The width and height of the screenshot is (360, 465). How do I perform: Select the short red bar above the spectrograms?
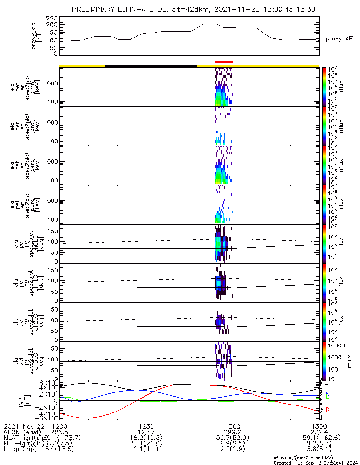[x=223, y=62]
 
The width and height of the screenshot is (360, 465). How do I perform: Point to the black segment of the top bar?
[x=151, y=66]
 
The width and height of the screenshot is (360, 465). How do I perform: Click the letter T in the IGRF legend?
[x=327, y=386]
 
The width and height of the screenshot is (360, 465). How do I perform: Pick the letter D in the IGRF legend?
[x=327, y=410]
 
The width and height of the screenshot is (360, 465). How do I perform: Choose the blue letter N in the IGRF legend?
[x=327, y=393]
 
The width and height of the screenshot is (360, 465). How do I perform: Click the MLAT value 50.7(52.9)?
[x=232, y=437]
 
